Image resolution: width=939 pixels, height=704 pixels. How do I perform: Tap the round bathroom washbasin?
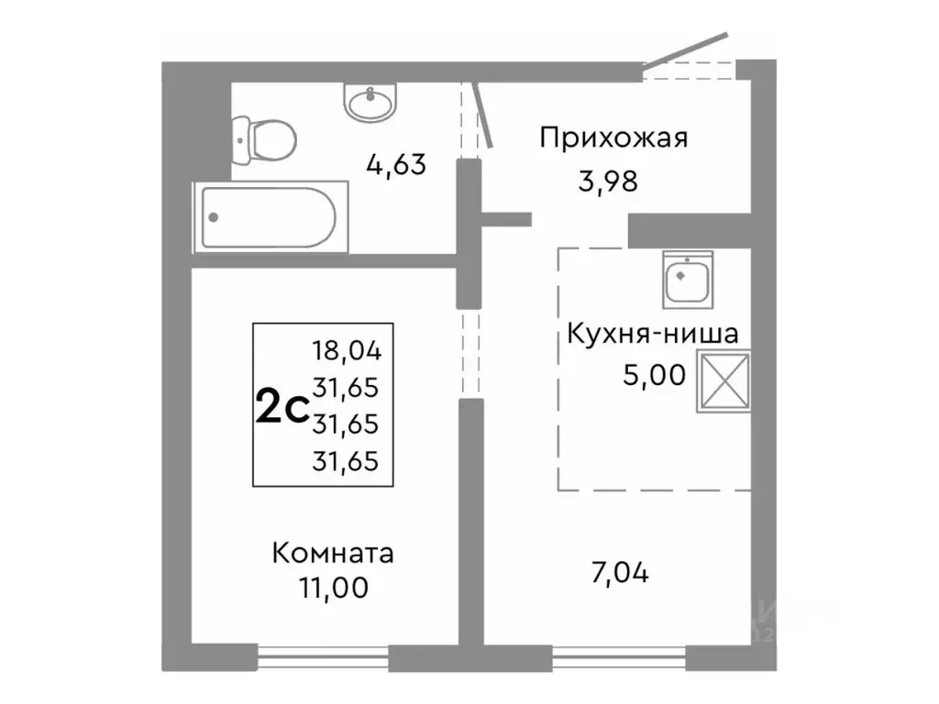(372, 101)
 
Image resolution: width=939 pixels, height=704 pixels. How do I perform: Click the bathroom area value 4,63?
(396, 167)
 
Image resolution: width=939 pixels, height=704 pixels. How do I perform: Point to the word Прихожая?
(613, 138)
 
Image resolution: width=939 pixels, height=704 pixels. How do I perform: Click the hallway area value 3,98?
(607, 181)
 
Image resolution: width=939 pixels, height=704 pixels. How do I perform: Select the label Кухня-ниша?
(653, 334)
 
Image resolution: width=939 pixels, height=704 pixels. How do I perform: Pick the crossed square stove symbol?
(724, 380)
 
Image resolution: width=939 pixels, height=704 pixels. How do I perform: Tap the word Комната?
(333, 554)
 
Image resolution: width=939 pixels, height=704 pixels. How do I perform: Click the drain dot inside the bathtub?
(214, 217)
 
